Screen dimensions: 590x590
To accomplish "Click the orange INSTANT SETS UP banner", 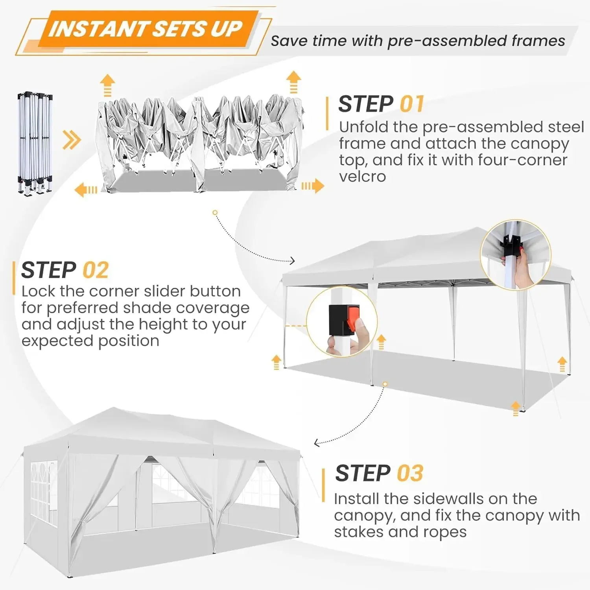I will (x=146, y=29).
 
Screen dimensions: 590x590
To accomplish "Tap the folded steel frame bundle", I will (x=35, y=144).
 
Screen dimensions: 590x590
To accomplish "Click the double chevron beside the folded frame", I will (x=72, y=140).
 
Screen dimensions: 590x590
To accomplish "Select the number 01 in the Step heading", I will (x=412, y=104).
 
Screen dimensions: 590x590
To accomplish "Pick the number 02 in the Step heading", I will (x=96, y=270).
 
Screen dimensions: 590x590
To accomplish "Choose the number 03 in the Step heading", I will (x=410, y=473).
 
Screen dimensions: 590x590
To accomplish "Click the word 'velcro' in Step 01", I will (x=362, y=177).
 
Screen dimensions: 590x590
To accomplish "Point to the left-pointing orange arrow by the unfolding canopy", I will (x=85, y=190).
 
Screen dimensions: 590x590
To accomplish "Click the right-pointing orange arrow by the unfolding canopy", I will (x=313, y=186).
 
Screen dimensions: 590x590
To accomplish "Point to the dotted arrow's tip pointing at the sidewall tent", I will (x=316, y=443).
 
